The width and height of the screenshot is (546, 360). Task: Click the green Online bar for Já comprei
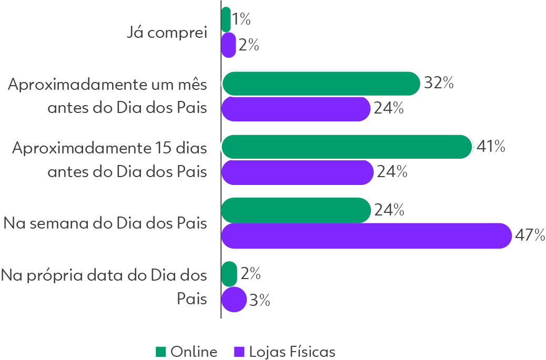(x=226, y=19)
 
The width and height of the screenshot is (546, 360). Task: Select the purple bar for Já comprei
(x=228, y=45)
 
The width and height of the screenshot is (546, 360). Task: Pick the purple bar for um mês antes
(x=296, y=109)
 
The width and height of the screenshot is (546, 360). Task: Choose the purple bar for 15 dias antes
(x=297, y=172)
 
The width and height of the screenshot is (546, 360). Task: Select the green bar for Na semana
(x=296, y=210)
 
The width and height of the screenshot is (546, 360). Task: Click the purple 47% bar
(x=366, y=236)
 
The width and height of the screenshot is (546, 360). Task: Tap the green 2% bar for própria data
(x=229, y=274)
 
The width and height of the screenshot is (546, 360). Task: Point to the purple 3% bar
(x=234, y=300)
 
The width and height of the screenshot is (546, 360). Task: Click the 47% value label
(x=529, y=235)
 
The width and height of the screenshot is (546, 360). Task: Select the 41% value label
(x=490, y=147)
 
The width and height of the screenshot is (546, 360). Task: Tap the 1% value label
(x=241, y=19)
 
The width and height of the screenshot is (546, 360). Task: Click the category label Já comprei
(x=168, y=33)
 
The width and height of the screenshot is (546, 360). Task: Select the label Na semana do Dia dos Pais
(x=105, y=223)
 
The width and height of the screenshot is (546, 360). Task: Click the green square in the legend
(x=161, y=351)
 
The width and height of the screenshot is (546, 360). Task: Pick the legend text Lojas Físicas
(x=292, y=351)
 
